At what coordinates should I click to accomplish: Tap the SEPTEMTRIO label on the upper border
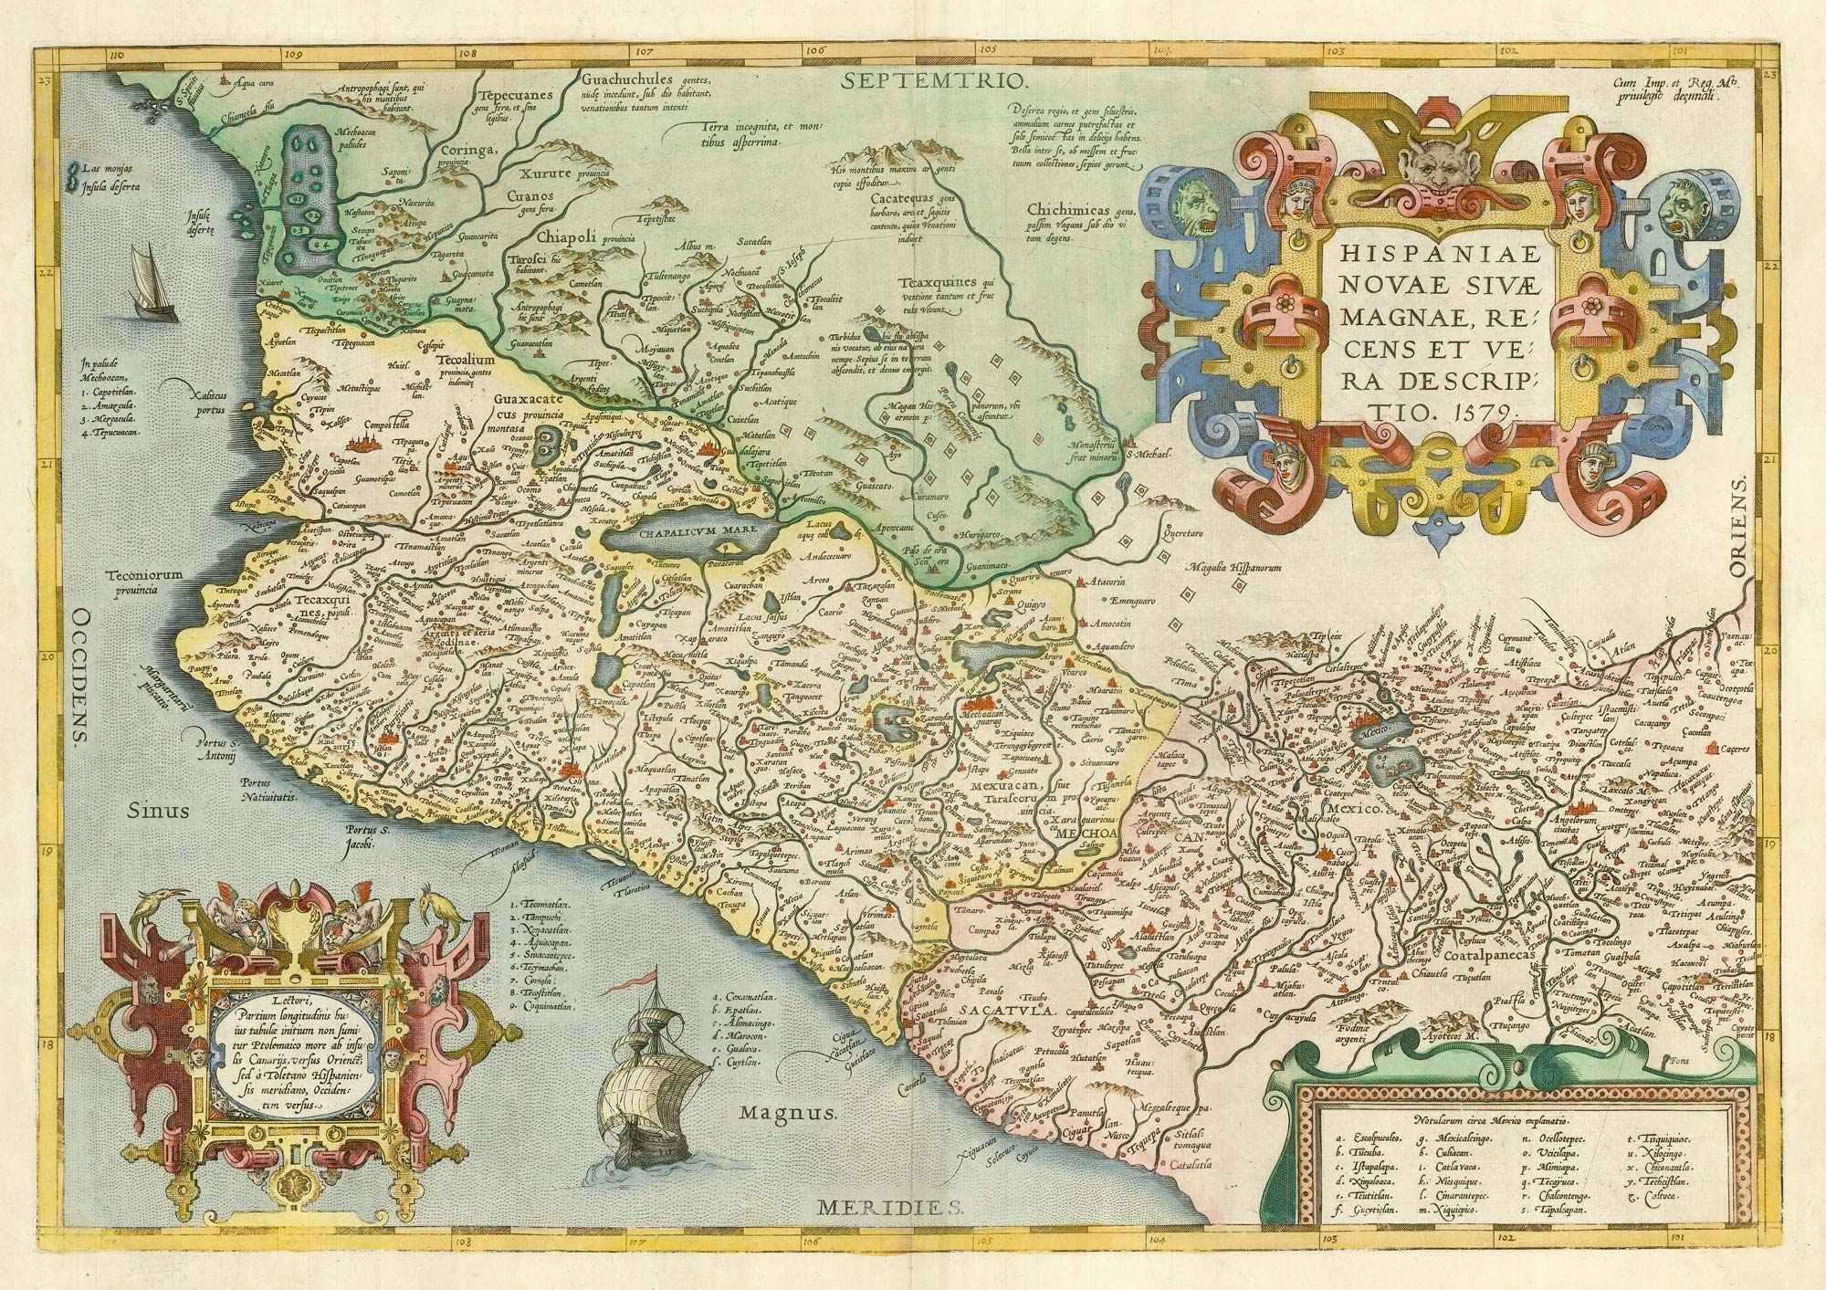click(931, 80)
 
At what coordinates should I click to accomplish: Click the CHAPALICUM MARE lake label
click(679, 533)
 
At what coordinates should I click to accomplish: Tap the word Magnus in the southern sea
click(788, 1114)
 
